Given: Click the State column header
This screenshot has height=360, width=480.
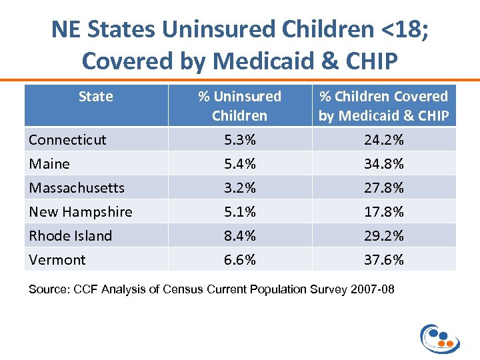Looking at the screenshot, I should pos(95,97).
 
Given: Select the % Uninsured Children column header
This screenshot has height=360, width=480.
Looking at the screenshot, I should pos(239,106).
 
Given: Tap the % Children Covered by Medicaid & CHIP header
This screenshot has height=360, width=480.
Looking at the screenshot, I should pos(383,106).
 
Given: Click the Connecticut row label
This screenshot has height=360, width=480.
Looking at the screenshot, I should pos(67,140).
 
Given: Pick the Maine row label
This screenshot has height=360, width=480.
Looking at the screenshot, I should pos(49,164).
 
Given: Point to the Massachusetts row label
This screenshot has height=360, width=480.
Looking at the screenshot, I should pos(77,188).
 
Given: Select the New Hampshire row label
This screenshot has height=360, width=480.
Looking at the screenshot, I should pos(81,212).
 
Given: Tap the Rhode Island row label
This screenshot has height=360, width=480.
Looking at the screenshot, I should pos(71,236).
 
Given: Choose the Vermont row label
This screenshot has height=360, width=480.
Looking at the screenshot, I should pos(57,260).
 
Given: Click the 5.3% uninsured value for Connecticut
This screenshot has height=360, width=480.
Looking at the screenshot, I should pos(239,140).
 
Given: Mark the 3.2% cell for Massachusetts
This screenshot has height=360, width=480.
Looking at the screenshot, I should pos(239,188).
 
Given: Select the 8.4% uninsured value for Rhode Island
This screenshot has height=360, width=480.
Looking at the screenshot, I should pos(239,236).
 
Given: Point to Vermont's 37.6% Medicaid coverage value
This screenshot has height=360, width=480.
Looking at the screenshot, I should pos(383,260).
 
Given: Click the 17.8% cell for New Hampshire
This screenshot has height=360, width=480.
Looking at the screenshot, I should pos(383,212).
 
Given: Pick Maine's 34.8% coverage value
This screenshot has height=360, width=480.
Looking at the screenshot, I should pos(383,164).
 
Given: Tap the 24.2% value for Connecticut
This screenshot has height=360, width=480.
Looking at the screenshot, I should pos(383,140).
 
